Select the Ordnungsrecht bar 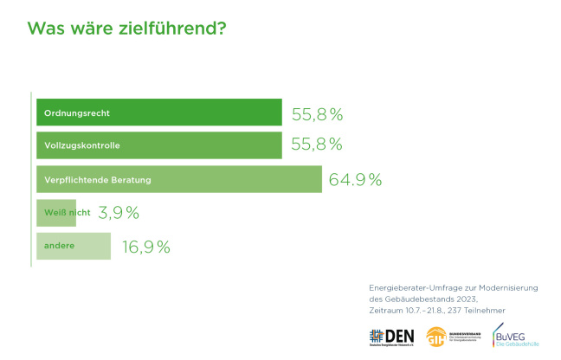[159, 113]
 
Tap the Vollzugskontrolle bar [159, 146]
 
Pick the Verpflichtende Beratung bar [179, 180]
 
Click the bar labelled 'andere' [74, 247]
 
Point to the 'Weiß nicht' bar [56, 213]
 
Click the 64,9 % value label [356, 180]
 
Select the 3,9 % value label [119, 213]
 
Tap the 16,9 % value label [145, 247]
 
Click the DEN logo [392, 337]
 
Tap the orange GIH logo [438, 337]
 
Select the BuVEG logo [514, 335]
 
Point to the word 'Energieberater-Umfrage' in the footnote [409, 286]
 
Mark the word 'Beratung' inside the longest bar [130, 180]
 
